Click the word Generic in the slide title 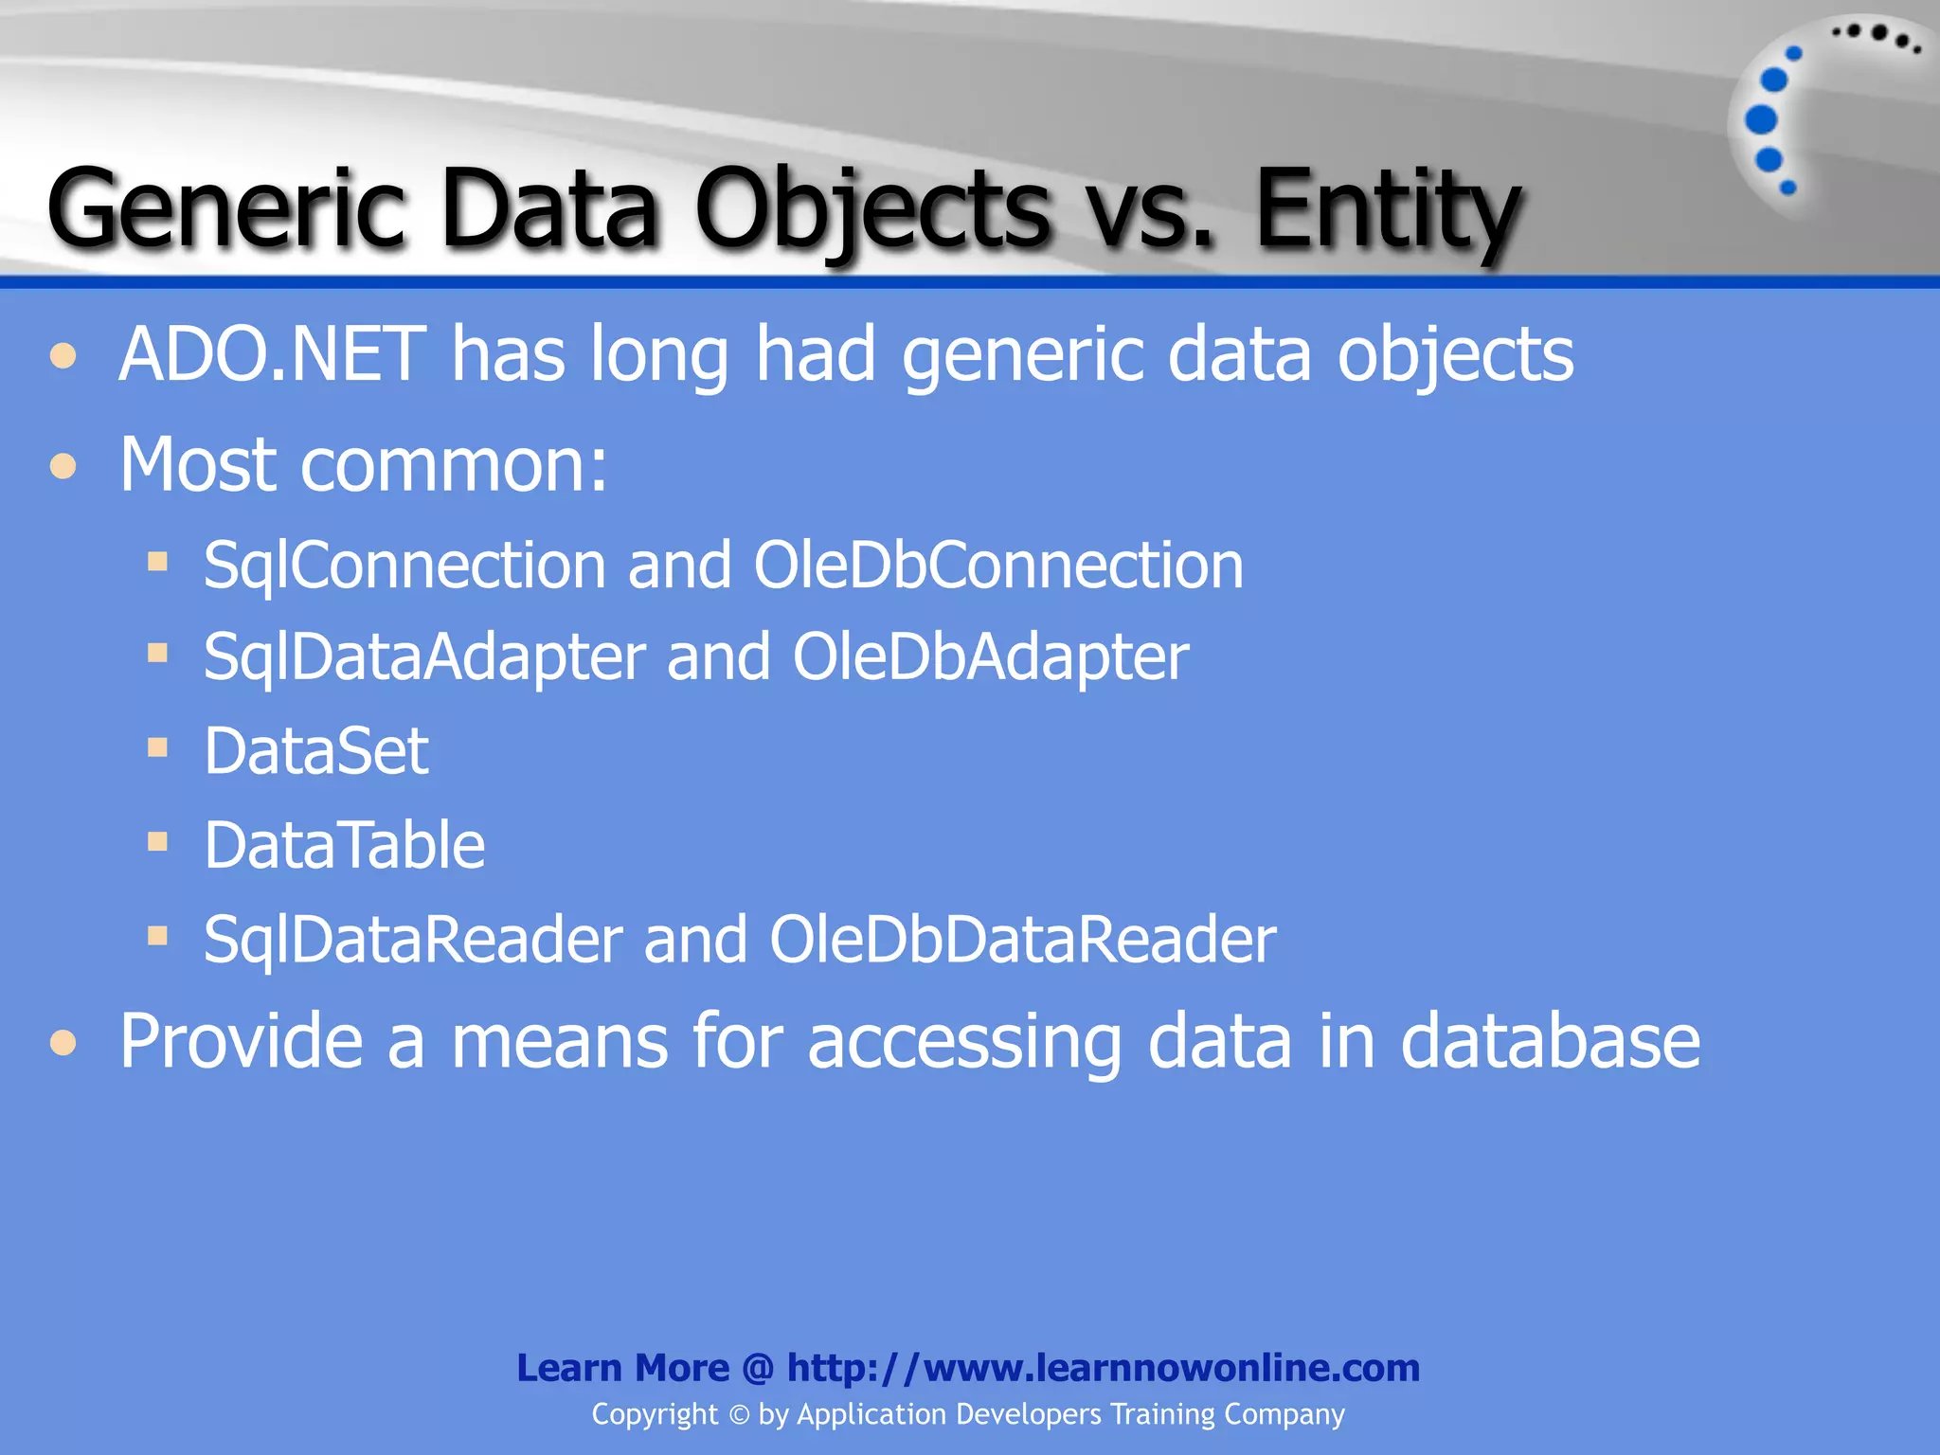[x=225, y=208]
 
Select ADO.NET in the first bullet [x=273, y=354]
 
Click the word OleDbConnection [x=998, y=566]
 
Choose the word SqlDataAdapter [x=424, y=657]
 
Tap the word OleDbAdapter [x=991, y=657]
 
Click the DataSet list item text [x=316, y=751]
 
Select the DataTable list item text [x=344, y=845]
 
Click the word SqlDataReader [x=413, y=940]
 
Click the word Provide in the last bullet [x=241, y=1041]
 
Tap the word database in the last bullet [x=1550, y=1041]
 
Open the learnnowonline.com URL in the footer [x=1104, y=1368]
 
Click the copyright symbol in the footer [x=739, y=1415]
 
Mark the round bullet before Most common [x=63, y=466]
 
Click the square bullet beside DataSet [x=157, y=748]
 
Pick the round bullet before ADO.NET [x=63, y=356]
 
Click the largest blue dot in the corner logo [x=1761, y=120]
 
